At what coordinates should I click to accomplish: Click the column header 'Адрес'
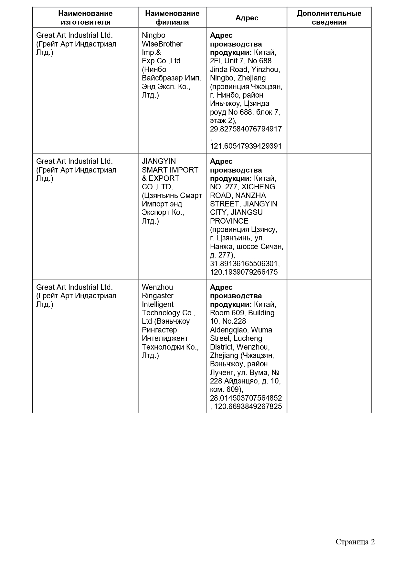point(247,18)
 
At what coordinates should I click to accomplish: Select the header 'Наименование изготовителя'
point(85,18)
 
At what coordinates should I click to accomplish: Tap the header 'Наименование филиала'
point(172,18)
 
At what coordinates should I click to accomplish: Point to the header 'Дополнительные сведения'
point(329,18)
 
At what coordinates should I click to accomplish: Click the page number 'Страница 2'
point(355,542)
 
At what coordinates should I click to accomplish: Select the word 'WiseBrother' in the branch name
point(162,44)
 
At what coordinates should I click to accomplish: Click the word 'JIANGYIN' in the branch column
point(159,161)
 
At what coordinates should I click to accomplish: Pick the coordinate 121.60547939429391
point(246,146)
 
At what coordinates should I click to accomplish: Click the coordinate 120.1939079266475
point(244,272)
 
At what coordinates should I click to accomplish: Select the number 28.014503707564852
point(246,398)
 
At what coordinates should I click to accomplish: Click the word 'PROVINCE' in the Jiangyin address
point(229,221)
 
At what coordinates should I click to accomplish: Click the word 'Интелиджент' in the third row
point(165,338)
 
